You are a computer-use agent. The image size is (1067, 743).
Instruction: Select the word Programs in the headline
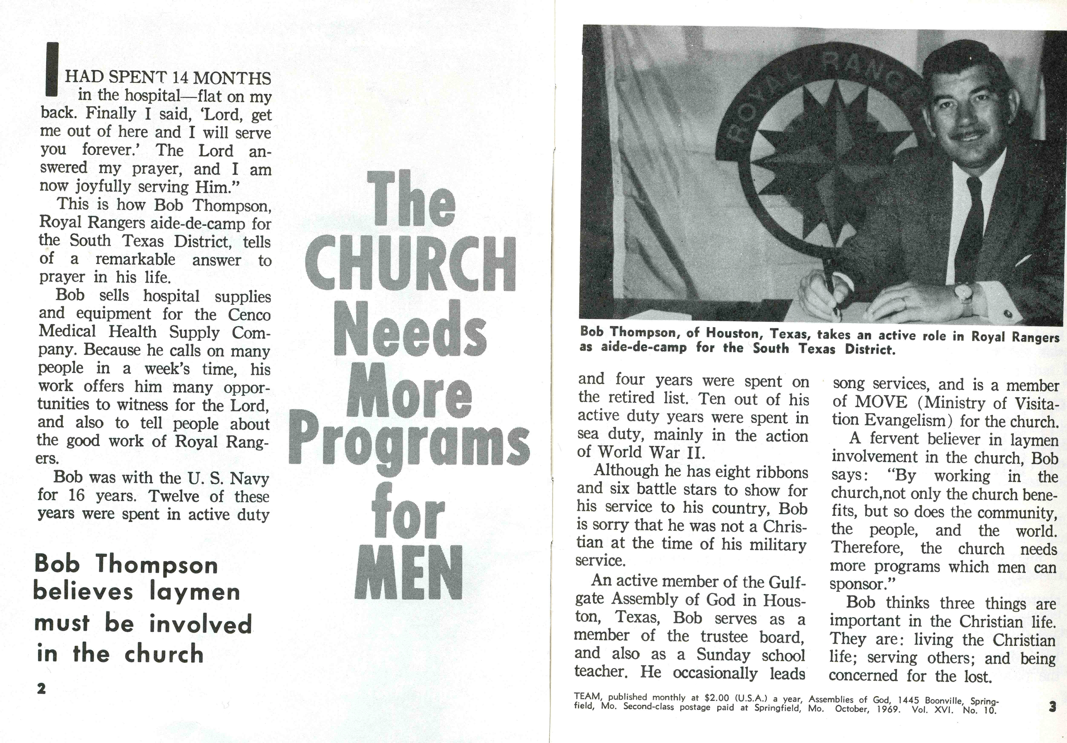(x=409, y=441)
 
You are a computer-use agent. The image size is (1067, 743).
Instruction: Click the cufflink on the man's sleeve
(x=1008, y=314)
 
